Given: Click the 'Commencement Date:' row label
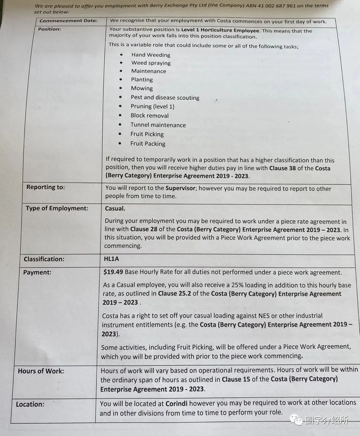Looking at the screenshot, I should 68,21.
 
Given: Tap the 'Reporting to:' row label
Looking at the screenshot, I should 46,187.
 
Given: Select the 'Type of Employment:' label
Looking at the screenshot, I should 57,208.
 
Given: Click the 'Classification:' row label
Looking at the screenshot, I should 44,259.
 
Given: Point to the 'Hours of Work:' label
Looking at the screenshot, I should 41,371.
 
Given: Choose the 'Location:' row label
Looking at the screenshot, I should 30,404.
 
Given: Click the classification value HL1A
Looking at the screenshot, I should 111,259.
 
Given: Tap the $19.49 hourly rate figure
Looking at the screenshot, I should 113,272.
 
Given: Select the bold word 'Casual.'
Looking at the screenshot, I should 115,208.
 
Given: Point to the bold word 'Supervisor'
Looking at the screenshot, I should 180,188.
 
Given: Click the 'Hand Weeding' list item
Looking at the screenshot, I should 151,55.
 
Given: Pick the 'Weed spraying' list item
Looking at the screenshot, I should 151,63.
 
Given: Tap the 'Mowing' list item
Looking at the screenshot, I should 142,88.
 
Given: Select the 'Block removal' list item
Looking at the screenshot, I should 149,116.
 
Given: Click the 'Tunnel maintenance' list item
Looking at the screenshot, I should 158,125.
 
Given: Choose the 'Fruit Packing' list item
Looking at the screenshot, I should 148,144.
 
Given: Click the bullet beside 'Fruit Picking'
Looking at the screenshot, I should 120,134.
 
